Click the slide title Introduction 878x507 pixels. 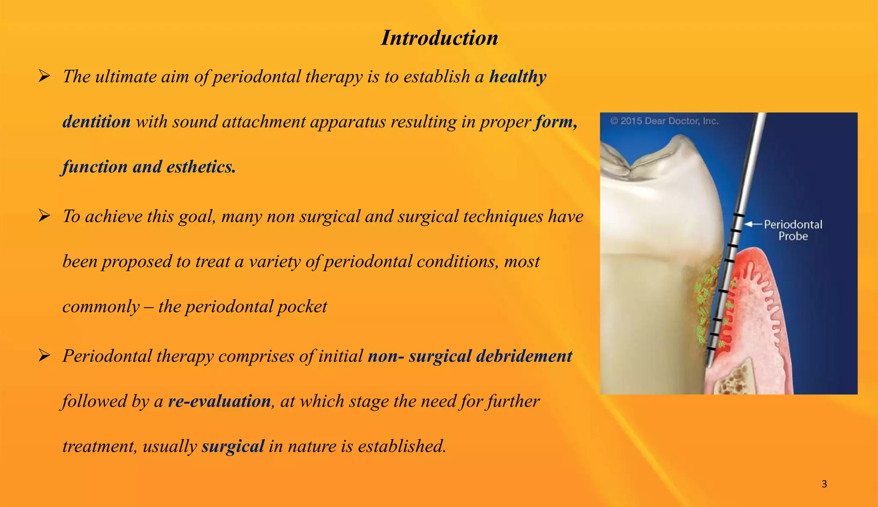pyautogui.click(x=439, y=38)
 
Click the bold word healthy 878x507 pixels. pyautogui.click(x=518, y=77)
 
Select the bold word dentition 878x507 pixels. pyautogui.click(x=96, y=122)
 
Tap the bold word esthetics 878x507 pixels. pyautogui.click(x=201, y=167)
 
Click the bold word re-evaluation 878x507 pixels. pyautogui.click(x=219, y=401)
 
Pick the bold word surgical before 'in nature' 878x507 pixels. pyautogui.click(x=233, y=447)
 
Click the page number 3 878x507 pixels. pyautogui.click(x=824, y=484)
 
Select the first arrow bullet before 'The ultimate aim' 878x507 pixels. pyautogui.click(x=44, y=77)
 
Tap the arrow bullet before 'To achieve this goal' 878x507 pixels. pyautogui.click(x=44, y=216)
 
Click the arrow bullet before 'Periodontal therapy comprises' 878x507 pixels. pyautogui.click(x=44, y=356)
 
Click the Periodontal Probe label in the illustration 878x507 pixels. pyautogui.click(x=793, y=230)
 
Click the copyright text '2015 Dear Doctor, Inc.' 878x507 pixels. pyautogui.click(x=665, y=121)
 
